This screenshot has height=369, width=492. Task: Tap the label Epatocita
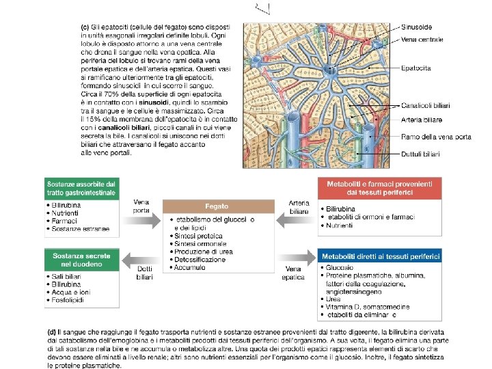click(x=416, y=68)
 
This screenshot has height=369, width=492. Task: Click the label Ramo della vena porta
click(x=436, y=137)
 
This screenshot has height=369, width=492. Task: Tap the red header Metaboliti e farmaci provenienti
click(x=379, y=189)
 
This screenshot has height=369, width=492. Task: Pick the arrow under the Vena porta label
click(x=141, y=222)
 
